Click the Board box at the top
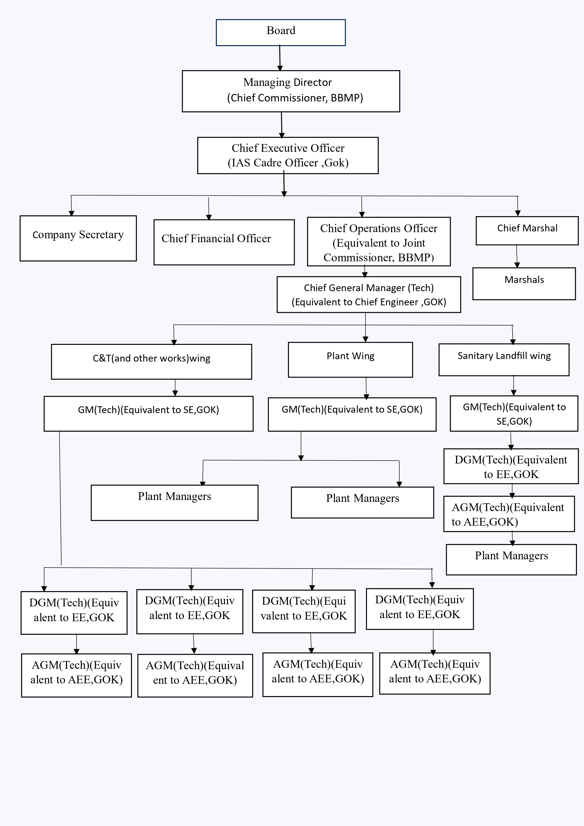click(281, 32)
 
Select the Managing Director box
click(291, 91)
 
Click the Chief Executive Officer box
click(288, 155)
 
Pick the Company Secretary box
click(78, 238)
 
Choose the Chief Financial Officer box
click(224, 242)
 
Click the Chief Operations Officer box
click(378, 241)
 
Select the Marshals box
click(524, 283)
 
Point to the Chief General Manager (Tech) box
click(369, 294)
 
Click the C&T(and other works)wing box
click(151, 362)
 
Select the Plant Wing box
click(350, 359)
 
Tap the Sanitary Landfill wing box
click(504, 360)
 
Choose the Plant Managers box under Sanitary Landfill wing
click(511, 560)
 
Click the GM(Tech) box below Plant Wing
click(352, 414)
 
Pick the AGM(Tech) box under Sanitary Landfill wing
click(509, 514)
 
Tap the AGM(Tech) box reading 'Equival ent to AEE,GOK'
click(195, 675)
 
